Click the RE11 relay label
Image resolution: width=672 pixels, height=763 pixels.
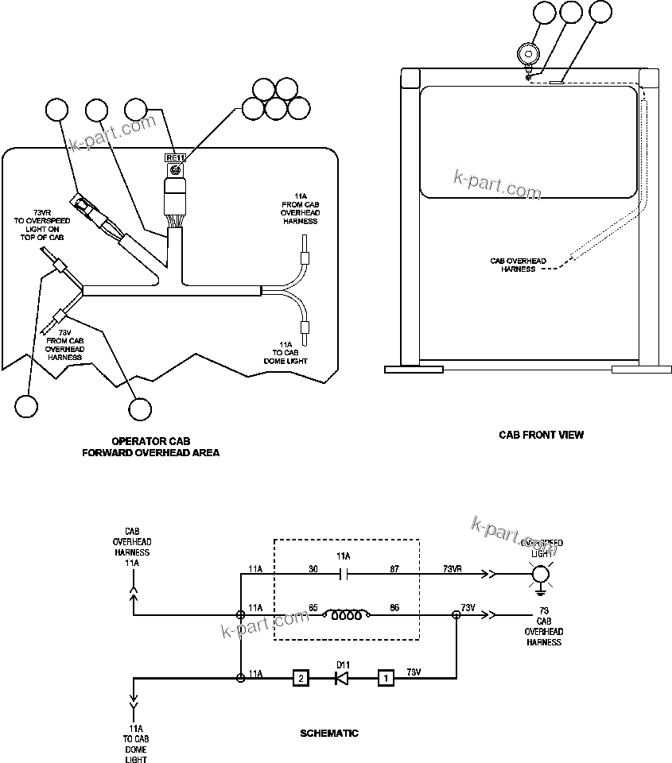coord(175,157)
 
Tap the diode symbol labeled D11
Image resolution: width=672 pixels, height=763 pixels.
coord(342,678)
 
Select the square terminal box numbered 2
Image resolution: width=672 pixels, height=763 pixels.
coord(300,678)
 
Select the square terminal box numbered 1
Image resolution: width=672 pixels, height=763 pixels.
coord(386,678)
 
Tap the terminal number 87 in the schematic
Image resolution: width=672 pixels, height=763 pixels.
coord(394,567)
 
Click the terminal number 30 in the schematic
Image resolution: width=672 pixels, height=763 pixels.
coord(313,567)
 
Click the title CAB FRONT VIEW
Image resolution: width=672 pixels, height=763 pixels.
coord(541,435)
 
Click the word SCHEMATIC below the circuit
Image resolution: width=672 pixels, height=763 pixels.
coord(328,734)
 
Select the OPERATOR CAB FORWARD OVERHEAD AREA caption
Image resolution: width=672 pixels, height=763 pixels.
coord(151,447)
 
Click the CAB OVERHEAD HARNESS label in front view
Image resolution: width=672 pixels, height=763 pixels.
coord(518,265)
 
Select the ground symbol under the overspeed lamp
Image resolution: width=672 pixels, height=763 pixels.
coord(541,591)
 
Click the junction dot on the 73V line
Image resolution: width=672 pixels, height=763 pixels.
coord(456,614)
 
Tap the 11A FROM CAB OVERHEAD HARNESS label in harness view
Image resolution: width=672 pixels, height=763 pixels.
coord(300,208)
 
